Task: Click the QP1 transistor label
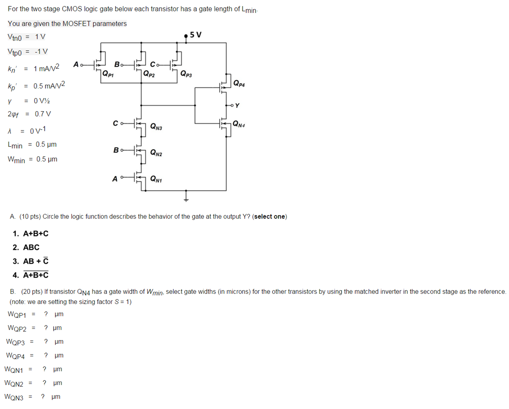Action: (108, 74)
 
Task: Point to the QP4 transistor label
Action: (239, 83)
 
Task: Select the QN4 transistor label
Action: (239, 124)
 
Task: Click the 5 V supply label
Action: (196, 34)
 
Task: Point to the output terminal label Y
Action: (237, 106)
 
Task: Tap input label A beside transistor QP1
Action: (76, 65)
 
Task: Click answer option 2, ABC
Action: (31, 248)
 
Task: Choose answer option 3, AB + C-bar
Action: (35, 261)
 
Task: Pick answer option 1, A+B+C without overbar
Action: (35, 234)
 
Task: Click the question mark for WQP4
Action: (46, 355)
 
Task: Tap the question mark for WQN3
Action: (43, 396)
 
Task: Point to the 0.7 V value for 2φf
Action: (43, 114)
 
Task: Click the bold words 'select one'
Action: (270, 216)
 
